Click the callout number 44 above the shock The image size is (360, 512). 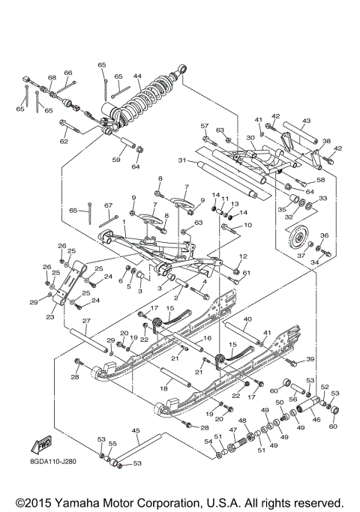[137, 76]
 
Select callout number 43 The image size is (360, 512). [306, 121]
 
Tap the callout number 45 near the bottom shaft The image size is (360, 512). [136, 431]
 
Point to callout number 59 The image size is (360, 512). [116, 159]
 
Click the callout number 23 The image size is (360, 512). [50, 316]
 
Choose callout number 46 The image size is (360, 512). [316, 421]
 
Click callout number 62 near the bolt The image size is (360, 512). [64, 141]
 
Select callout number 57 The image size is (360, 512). [203, 125]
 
